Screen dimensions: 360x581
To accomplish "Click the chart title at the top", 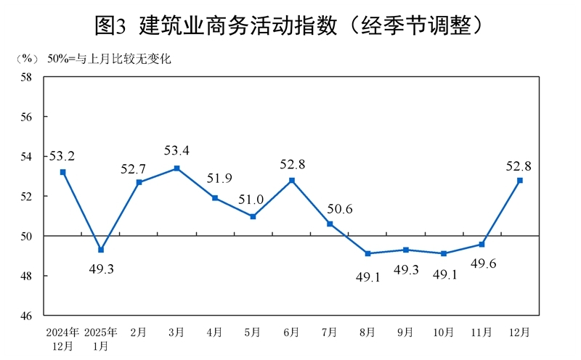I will tap(290, 25).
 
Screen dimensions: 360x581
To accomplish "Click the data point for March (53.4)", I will tap(177, 168).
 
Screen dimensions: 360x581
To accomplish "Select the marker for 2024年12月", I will tap(63, 172).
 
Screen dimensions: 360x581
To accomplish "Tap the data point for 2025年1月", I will tap(101, 250).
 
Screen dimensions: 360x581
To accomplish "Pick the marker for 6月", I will tap(291, 180).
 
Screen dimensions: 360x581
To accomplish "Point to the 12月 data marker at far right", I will tap(520, 180).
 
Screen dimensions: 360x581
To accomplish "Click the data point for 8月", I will tap(367, 253).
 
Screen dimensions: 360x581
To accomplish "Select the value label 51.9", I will tap(215, 179).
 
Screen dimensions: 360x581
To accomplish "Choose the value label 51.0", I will tap(253, 198).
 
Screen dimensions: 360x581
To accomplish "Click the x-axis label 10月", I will tap(443, 332).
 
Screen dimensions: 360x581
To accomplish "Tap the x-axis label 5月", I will tap(253, 332).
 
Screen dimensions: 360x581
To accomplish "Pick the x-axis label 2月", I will tap(139, 332).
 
